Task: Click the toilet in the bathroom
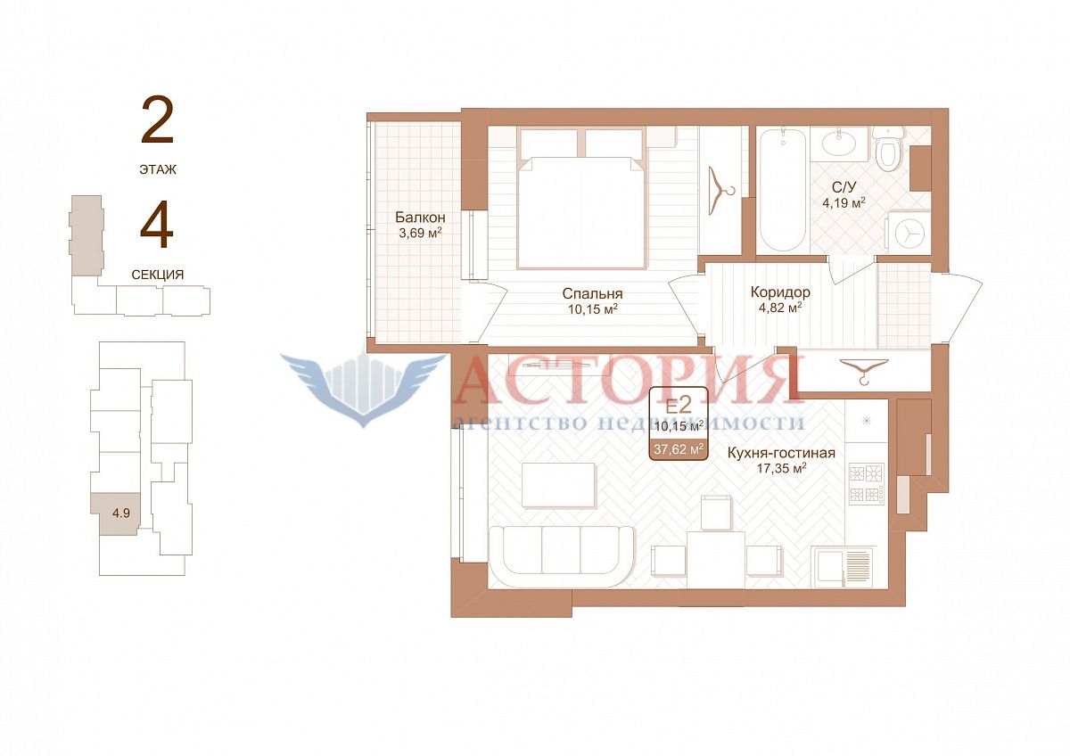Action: tap(888, 148)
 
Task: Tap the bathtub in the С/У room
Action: tap(783, 189)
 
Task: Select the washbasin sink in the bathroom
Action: tap(839, 144)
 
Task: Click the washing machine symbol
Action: tap(909, 234)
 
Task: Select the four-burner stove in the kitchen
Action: tap(867, 484)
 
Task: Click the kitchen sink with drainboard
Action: tap(842, 566)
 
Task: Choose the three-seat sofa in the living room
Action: tap(561, 556)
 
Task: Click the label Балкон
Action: tap(420, 218)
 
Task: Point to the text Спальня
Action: tap(592, 293)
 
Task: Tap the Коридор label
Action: tap(780, 292)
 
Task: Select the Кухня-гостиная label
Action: tap(781, 453)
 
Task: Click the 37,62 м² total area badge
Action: tap(679, 449)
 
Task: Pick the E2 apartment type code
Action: tap(679, 406)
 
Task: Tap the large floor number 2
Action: tap(157, 120)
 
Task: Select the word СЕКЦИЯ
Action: tap(158, 275)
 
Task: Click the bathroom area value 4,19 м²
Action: tap(844, 202)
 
